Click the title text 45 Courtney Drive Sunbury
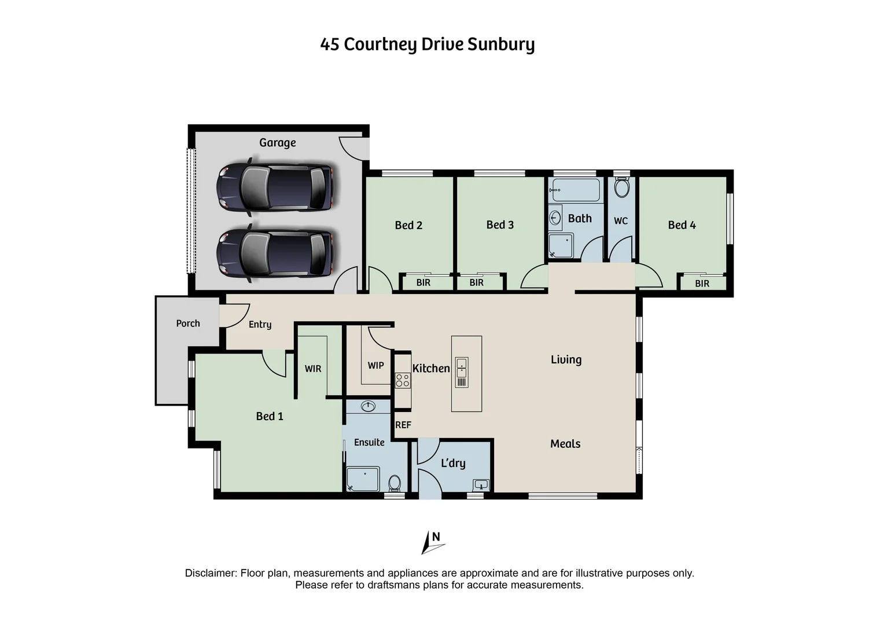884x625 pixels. click(427, 45)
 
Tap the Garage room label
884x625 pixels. click(277, 143)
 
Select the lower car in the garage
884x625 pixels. click(275, 253)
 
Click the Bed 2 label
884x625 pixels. click(408, 225)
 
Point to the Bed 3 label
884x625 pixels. click(500, 225)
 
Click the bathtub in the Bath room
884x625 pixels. click(576, 189)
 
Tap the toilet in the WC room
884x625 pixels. click(621, 188)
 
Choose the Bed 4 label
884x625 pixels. click(682, 225)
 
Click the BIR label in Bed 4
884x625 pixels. click(702, 284)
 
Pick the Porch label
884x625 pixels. click(188, 323)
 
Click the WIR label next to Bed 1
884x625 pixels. click(312, 369)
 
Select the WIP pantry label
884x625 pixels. click(375, 365)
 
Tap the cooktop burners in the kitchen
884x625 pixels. click(403, 380)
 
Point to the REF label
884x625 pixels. click(403, 425)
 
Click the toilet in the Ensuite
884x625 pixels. click(395, 482)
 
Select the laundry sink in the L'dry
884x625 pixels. click(481, 484)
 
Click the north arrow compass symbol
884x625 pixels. click(432, 543)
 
